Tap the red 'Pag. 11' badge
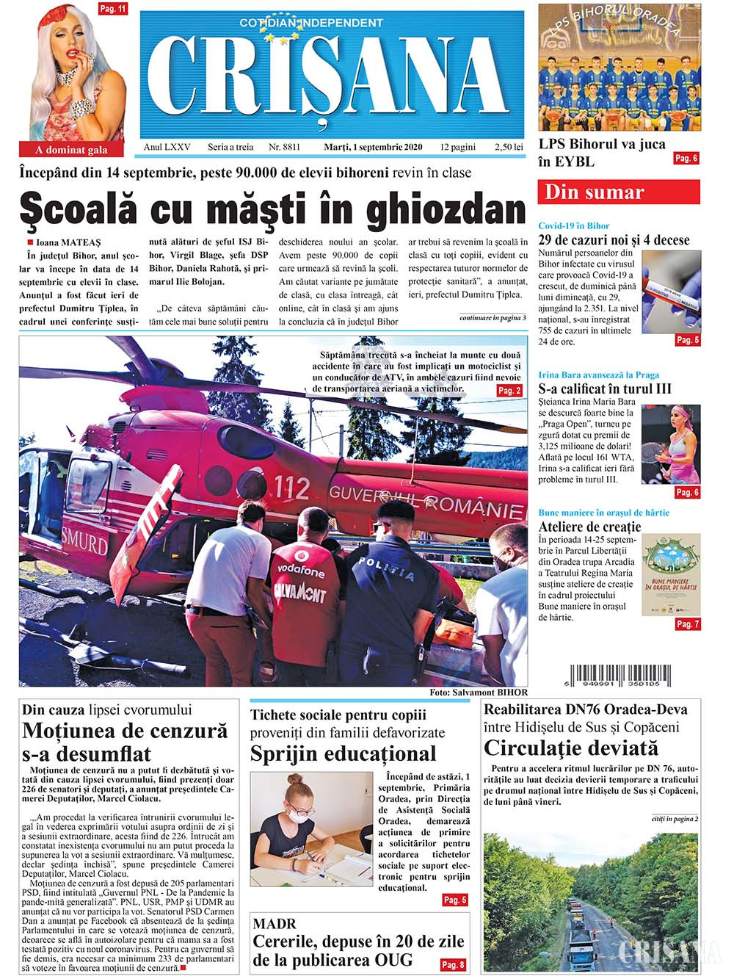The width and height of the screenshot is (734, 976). click(x=112, y=10)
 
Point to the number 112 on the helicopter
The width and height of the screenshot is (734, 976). click(x=291, y=486)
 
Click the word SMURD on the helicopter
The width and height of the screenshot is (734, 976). click(x=84, y=538)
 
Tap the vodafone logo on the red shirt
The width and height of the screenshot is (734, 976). click(x=299, y=572)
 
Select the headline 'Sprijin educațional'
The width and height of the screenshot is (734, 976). click(x=343, y=753)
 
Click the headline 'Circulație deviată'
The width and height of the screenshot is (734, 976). click(x=571, y=748)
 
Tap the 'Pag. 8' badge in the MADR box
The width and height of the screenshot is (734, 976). click(x=452, y=964)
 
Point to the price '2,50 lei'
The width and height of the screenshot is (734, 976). click(x=509, y=147)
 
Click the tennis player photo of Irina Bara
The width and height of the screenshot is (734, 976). click(x=671, y=444)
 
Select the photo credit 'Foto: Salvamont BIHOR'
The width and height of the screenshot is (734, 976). click(x=478, y=692)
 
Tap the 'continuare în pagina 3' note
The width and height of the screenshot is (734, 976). click(x=493, y=318)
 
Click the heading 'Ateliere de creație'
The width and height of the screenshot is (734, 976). click(x=589, y=527)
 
